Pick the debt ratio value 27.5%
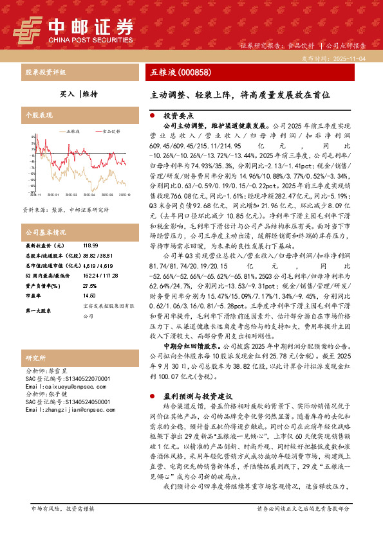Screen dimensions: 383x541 [x=89, y=287]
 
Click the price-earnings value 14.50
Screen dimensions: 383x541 [x=89, y=296]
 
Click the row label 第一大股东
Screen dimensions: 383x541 [x=39, y=311]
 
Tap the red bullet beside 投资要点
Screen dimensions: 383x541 [x=151, y=116]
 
